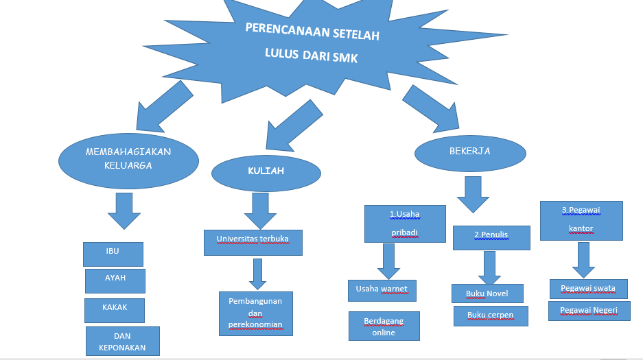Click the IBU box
[x=113, y=254]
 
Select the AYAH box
[x=115, y=280]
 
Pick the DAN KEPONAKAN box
[x=122, y=341]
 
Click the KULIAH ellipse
[x=256, y=172]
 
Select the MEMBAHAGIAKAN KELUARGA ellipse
[x=128, y=159]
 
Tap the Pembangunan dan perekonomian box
[x=256, y=313]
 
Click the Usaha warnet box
[x=382, y=291]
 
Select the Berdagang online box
[x=384, y=326]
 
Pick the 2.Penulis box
[x=491, y=237]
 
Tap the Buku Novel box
[x=487, y=293]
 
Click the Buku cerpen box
[x=491, y=315]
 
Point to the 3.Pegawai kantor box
[x=581, y=220]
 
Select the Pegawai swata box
[x=588, y=289]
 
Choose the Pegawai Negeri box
[x=588, y=311]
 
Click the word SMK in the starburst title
[x=344, y=58]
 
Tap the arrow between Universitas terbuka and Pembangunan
[x=257, y=274]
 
